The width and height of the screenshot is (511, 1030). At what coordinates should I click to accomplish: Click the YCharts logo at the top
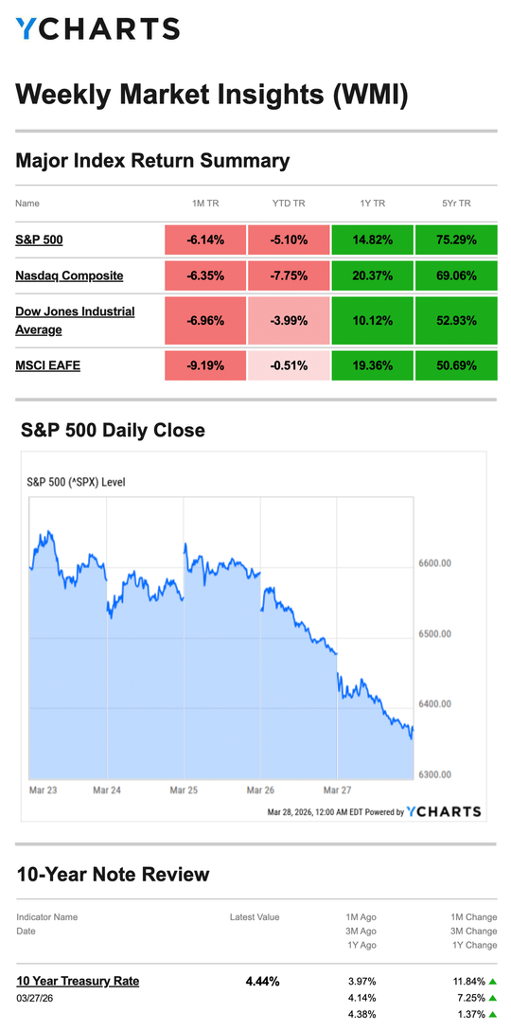point(97,29)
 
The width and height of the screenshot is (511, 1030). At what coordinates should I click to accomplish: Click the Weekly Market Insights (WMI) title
point(212,95)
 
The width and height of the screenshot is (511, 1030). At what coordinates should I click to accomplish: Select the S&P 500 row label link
point(39,240)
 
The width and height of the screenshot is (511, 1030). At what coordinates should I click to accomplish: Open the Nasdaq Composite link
point(69,275)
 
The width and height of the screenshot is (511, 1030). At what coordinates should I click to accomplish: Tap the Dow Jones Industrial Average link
point(75,320)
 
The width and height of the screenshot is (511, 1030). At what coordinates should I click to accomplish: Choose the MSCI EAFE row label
point(47,364)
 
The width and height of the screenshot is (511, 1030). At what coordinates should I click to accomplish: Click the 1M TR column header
point(205,204)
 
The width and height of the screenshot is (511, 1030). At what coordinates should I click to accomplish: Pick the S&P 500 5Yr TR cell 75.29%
point(455,240)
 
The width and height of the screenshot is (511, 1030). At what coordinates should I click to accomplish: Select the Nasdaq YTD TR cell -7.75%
point(289,275)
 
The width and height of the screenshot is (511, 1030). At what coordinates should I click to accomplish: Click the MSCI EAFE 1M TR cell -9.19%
point(205,364)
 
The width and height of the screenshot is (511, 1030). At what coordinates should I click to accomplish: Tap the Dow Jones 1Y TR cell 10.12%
point(372,321)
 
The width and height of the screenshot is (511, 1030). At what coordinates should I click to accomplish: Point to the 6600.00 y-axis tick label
point(433,563)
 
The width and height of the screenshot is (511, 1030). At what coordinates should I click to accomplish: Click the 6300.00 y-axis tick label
point(433,774)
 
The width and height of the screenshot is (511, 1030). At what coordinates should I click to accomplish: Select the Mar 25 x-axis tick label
point(184,788)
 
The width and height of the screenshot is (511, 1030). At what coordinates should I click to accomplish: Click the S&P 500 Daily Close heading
point(113,431)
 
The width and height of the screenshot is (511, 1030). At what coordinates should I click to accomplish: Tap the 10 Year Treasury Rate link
point(78,981)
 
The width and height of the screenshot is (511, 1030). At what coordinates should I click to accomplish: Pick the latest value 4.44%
point(262,981)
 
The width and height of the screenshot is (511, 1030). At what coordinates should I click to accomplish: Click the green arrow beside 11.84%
point(493,981)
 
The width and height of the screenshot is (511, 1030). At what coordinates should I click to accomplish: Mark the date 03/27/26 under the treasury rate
point(35,998)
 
